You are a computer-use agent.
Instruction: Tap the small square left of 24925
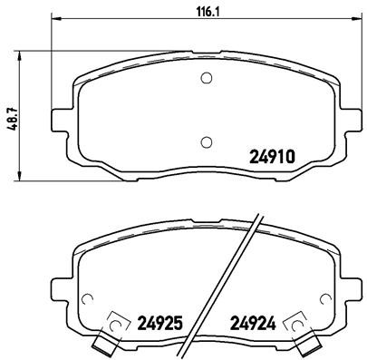[x=115, y=322]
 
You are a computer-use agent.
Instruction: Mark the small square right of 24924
[x=294, y=322]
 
